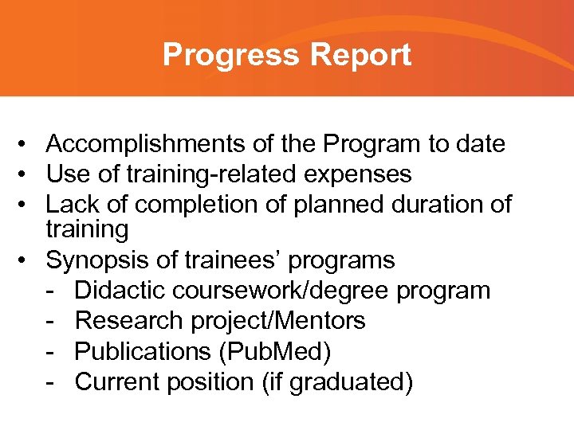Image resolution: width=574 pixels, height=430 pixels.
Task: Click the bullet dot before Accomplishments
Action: pyautogui.click(x=26, y=145)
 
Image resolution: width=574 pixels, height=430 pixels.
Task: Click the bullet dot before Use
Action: pyautogui.click(x=26, y=174)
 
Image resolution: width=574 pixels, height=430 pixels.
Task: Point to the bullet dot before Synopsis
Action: pyautogui.click(x=26, y=260)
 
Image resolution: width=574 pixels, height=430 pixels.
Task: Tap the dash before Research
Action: pyautogui.click(x=50, y=321)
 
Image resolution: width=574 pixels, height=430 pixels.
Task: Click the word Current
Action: pyautogui.click(x=118, y=381)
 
